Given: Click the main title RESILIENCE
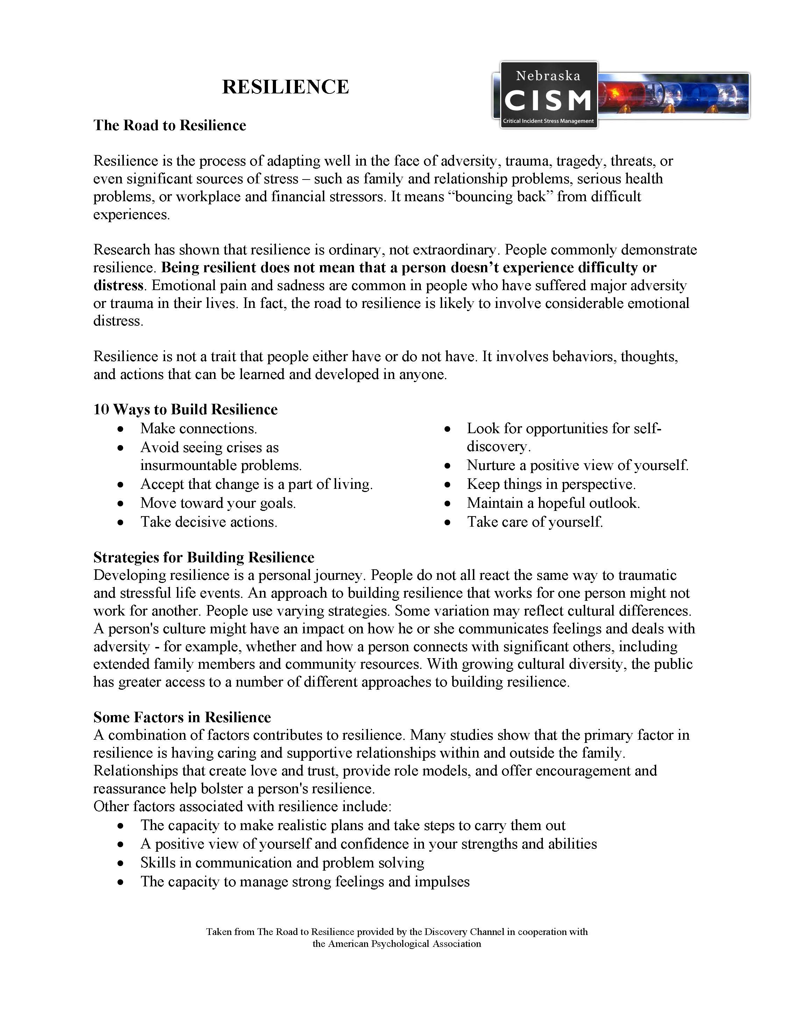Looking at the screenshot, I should click(285, 87).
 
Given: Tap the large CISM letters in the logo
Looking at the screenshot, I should click(548, 100).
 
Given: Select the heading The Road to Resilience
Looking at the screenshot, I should click(169, 125).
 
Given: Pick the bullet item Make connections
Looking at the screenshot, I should click(198, 428).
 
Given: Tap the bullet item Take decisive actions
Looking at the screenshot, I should click(209, 522).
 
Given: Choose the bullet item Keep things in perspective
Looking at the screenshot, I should click(551, 484).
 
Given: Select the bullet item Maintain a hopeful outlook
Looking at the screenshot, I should click(553, 502).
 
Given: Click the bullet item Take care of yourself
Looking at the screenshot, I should click(534, 522).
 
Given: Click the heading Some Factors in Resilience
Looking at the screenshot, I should click(182, 717).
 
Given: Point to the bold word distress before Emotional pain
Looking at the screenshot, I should click(118, 286).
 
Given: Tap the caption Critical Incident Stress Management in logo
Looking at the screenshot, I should click(548, 121).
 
